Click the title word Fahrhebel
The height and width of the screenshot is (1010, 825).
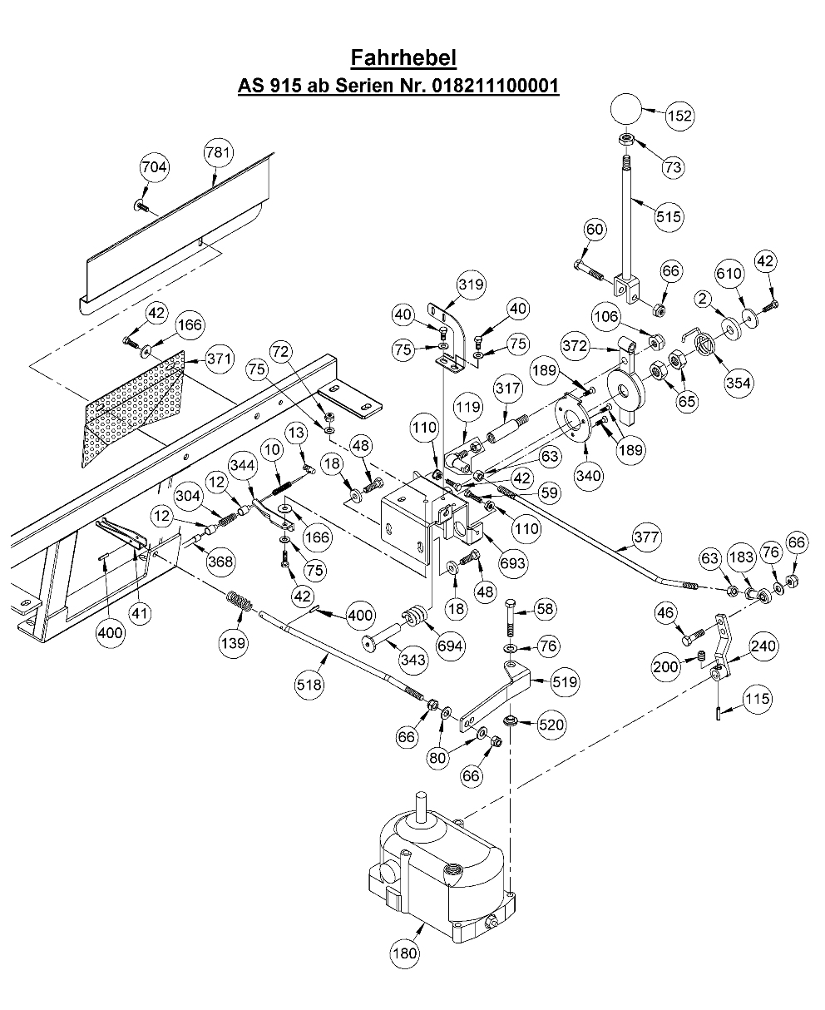pyautogui.click(x=403, y=58)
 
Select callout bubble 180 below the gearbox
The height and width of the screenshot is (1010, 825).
pyautogui.click(x=405, y=952)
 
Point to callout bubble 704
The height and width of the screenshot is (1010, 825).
pyautogui.click(x=154, y=167)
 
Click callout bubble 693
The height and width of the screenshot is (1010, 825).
pyautogui.click(x=512, y=563)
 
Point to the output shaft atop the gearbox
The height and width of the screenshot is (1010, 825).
pyautogui.click(x=422, y=805)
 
